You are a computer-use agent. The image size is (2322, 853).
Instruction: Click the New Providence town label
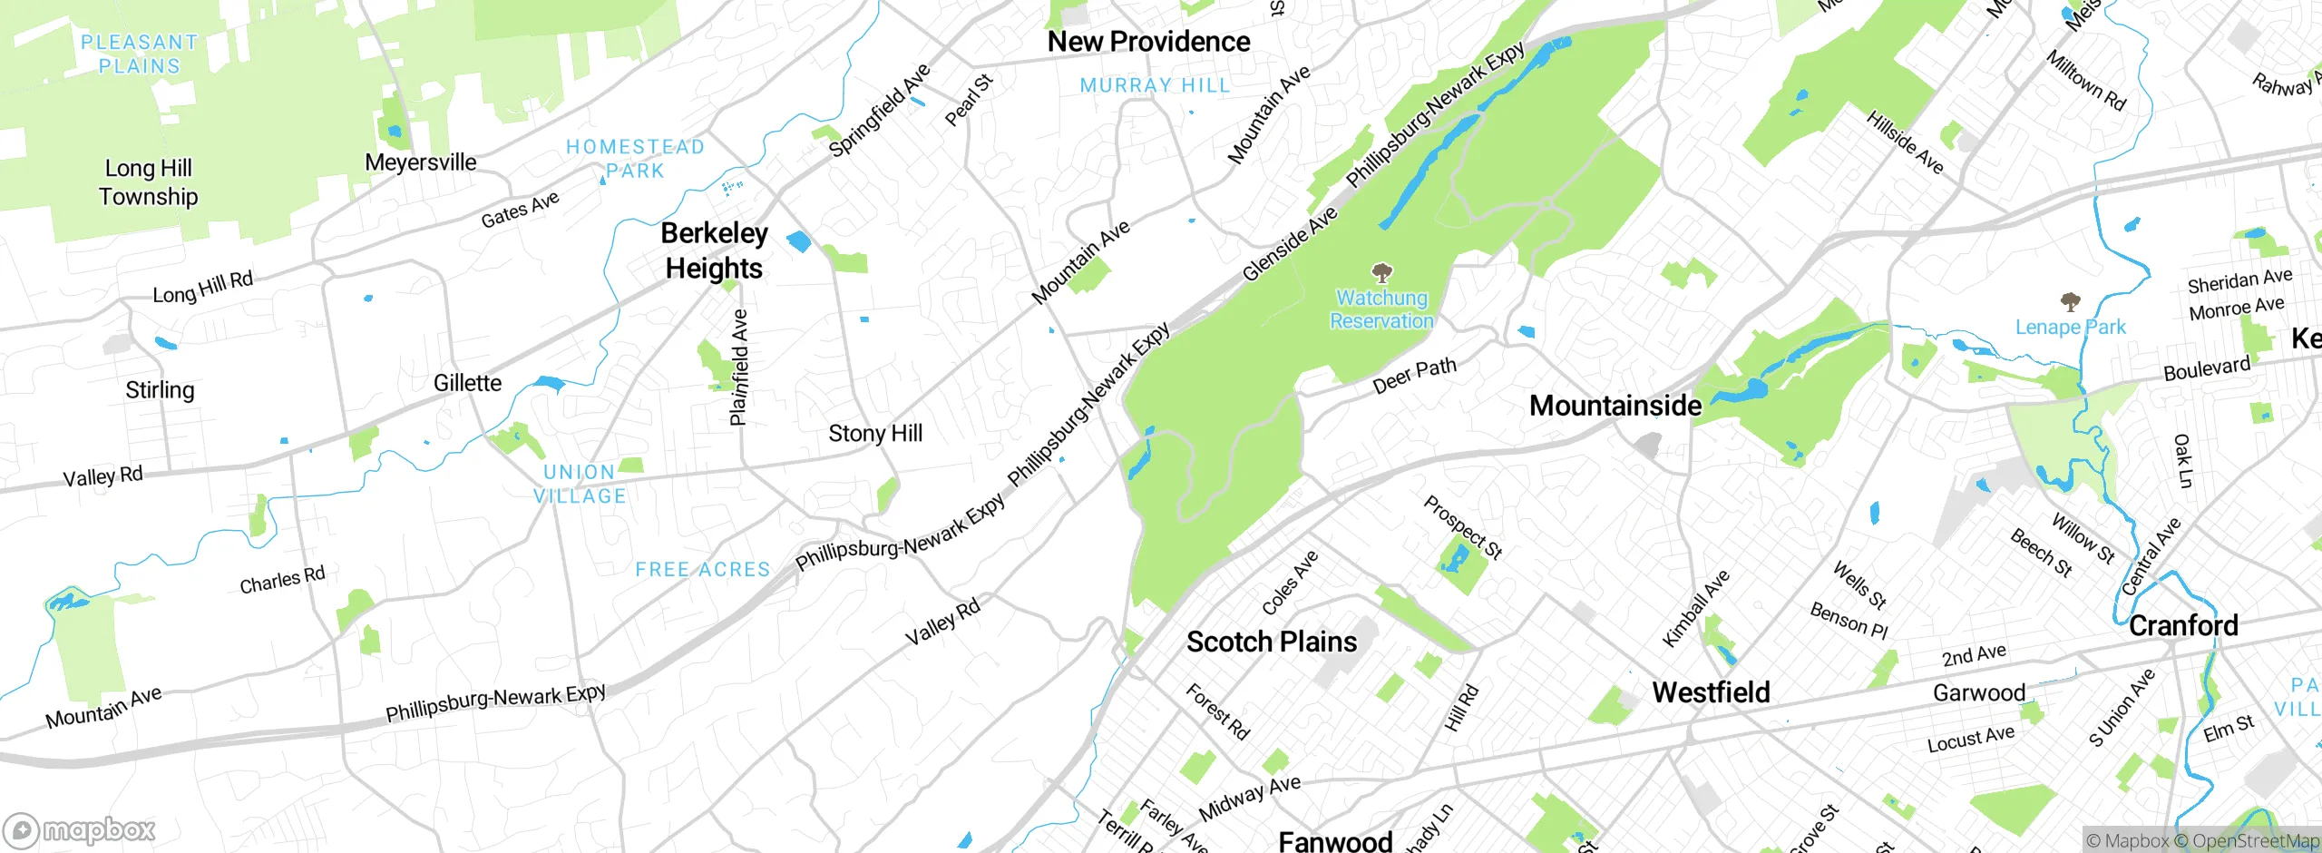1148,42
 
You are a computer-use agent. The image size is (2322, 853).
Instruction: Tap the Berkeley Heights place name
714,250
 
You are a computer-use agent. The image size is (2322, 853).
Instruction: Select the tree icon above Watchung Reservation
1381,272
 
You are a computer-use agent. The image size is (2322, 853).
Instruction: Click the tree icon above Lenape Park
2070,302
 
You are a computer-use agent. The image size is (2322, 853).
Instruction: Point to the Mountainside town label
1615,406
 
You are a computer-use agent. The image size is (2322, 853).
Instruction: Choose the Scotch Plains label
1272,642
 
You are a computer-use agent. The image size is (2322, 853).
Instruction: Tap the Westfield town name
1711,692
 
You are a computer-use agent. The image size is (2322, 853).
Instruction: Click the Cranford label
2182,625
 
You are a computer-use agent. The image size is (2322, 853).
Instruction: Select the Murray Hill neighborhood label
1155,85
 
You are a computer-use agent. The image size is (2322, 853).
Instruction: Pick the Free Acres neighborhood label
702,570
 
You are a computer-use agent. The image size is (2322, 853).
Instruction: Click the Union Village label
580,484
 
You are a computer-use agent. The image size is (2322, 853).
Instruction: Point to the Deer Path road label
1414,375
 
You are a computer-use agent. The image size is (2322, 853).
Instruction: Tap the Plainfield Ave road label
739,367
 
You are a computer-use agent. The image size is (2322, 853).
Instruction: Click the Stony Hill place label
874,434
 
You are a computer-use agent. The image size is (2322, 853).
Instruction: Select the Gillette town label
467,383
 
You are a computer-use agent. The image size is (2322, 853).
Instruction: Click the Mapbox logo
80,829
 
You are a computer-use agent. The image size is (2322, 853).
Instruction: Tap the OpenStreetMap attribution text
2253,841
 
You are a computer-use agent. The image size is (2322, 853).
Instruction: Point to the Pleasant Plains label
139,54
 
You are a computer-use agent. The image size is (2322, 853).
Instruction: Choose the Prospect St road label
1463,527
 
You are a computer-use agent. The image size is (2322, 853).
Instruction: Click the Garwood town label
1979,693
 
